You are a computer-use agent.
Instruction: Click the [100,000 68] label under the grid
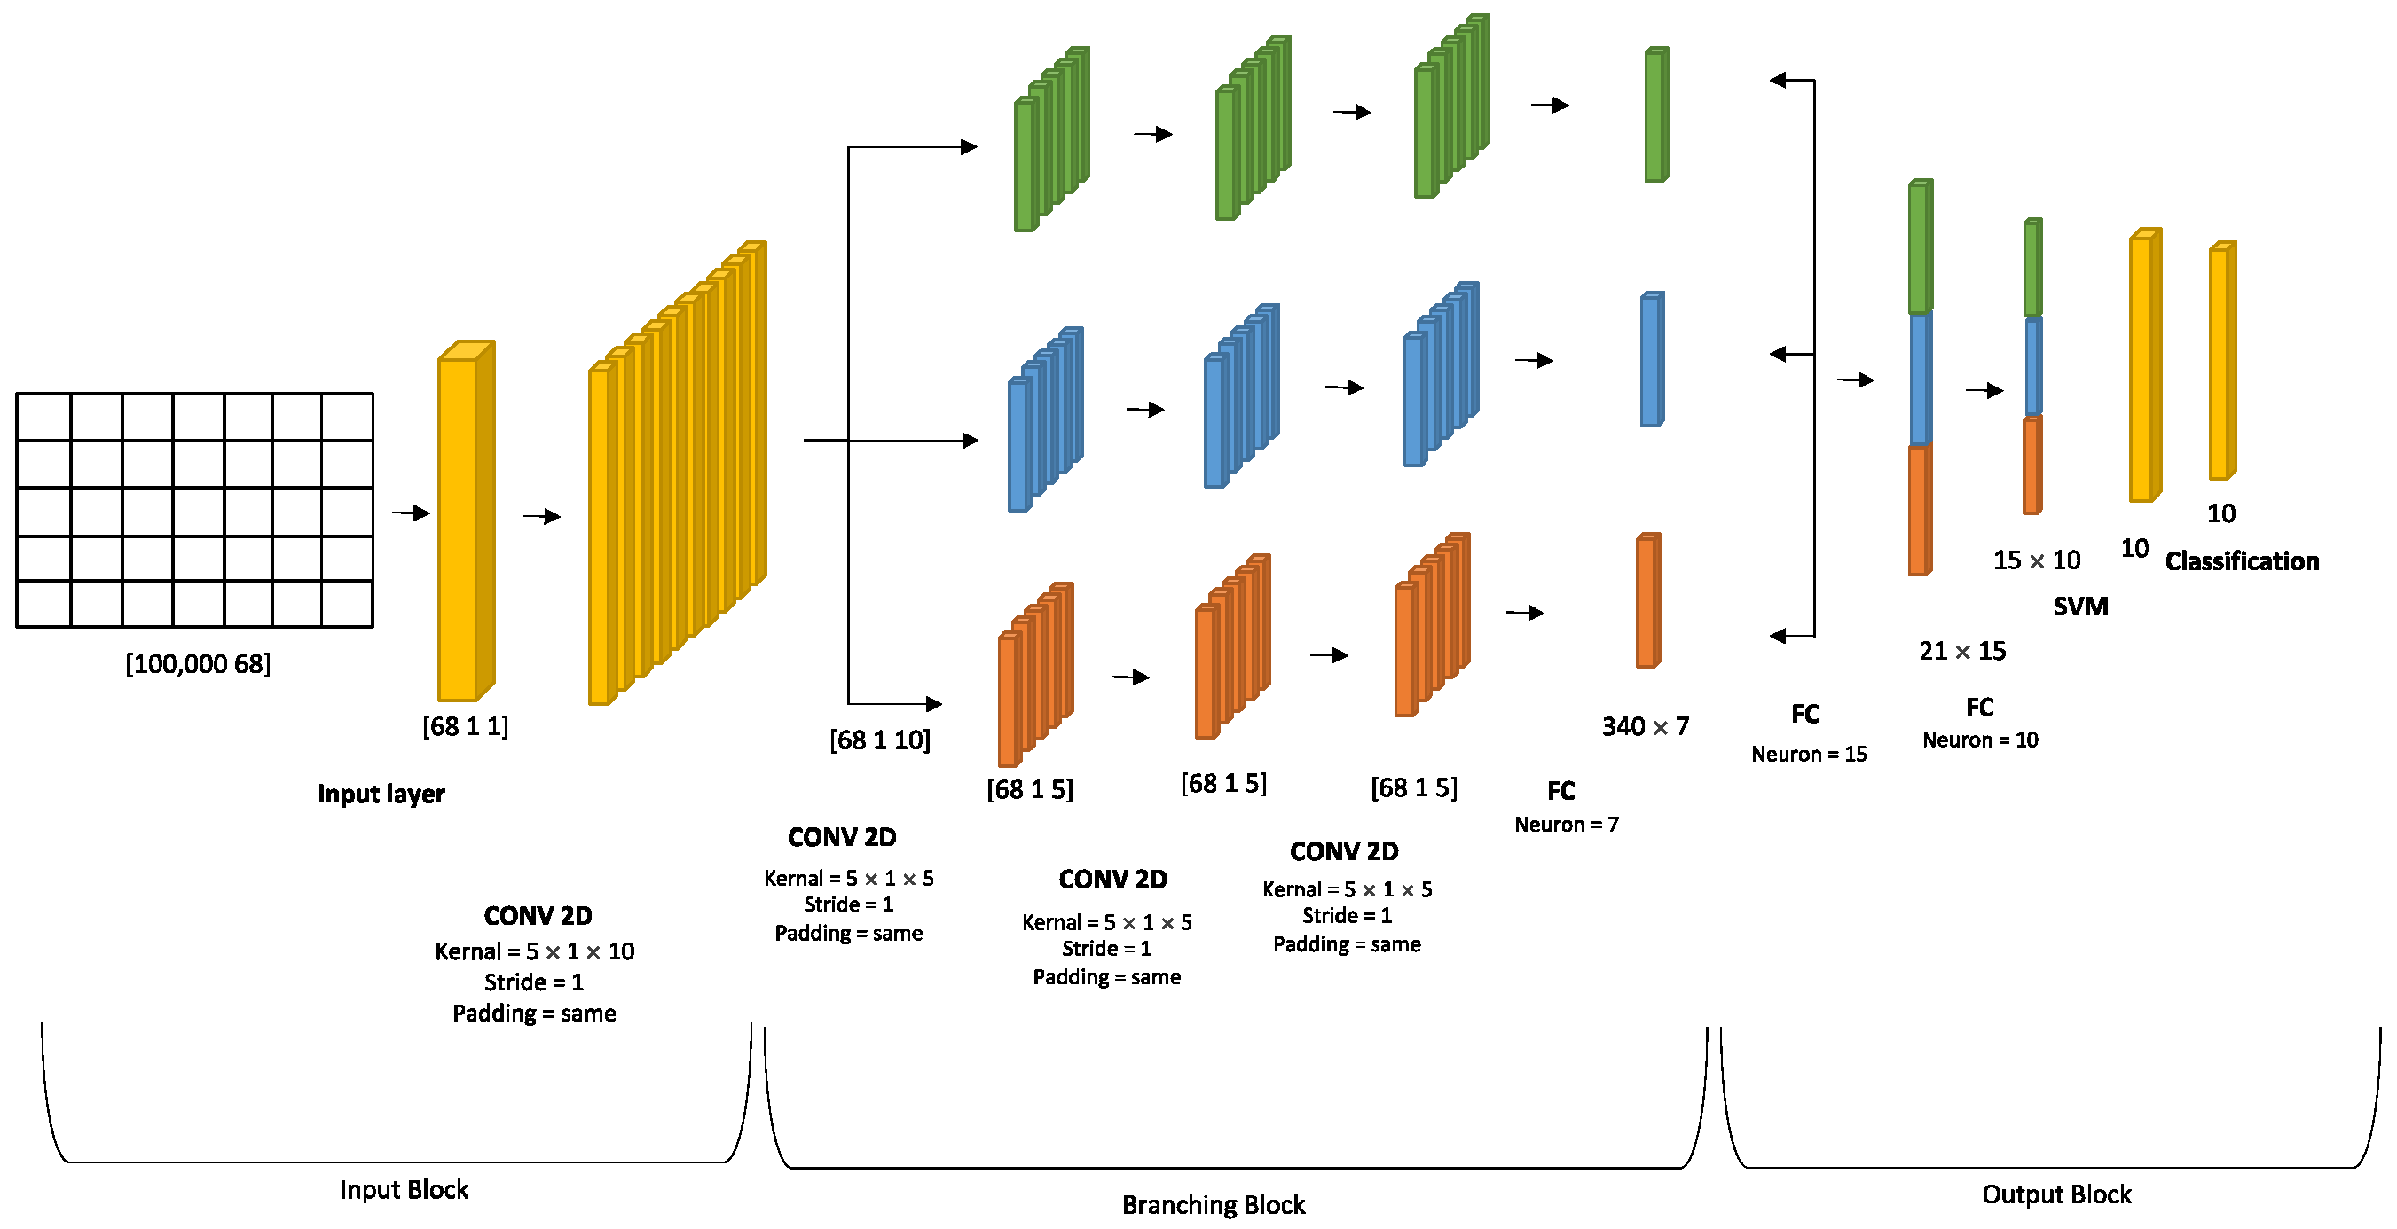point(198,663)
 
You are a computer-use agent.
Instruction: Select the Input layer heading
point(381,794)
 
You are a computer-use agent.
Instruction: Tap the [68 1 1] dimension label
point(465,725)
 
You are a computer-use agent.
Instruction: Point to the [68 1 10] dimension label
point(879,740)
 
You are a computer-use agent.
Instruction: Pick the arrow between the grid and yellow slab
point(411,513)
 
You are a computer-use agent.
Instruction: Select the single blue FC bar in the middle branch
point(1652,360)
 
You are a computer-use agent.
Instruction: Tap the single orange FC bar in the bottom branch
point(1648,601)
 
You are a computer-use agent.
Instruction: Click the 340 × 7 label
point(1644,725)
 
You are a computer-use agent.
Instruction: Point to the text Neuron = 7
point(1566,825)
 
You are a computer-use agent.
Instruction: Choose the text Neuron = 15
point(1808,754)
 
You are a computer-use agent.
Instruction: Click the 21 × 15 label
point(1961,650)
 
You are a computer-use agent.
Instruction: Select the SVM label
point(2079,607)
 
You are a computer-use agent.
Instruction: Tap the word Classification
point(2241,561)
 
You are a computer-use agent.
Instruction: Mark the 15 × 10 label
point(2036,560)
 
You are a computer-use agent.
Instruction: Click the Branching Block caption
point(1213,1205)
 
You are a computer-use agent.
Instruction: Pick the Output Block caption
point(2055,1194)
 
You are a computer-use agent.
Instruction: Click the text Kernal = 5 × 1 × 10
point(534,951)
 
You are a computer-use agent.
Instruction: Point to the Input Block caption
point(403,1189)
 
